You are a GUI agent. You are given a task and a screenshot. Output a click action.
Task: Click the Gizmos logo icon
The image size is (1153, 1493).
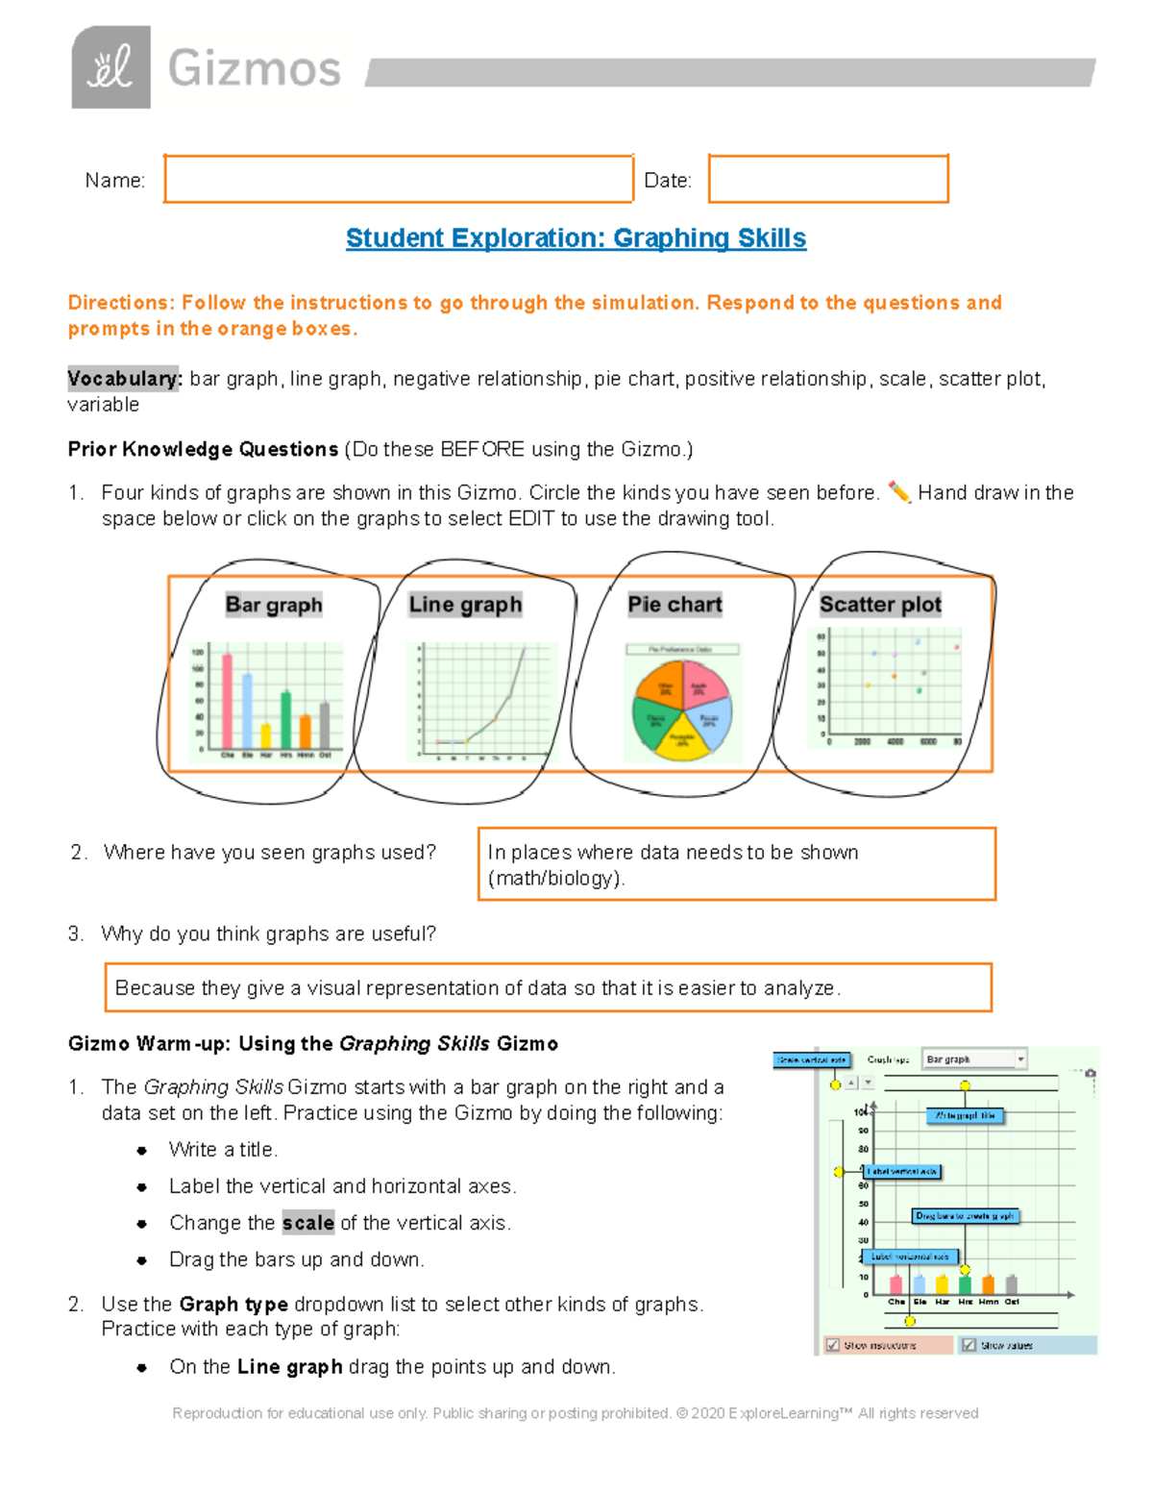click(110, 67)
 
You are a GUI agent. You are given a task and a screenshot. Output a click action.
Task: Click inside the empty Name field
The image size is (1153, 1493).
click(398, 179)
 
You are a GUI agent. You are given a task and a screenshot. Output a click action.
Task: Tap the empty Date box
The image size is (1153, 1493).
click(828, 179)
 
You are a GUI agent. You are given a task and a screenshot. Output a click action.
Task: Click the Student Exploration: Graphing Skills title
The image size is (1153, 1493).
click(576, 238)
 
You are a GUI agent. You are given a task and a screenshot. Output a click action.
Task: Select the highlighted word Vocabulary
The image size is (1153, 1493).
click(124, 379)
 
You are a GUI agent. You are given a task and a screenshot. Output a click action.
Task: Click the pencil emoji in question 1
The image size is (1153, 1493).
click(898, 492)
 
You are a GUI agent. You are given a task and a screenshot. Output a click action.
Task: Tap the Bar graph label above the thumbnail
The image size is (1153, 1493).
click(274, 605)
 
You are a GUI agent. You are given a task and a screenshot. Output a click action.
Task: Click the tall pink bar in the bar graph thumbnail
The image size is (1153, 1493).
click(228, 700)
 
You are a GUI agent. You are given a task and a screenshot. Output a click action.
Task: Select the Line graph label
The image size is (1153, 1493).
click(465, 605)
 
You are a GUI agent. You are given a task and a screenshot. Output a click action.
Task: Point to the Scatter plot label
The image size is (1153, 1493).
click(880, 605)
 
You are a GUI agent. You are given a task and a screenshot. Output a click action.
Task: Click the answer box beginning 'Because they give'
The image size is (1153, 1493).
click(548, 987)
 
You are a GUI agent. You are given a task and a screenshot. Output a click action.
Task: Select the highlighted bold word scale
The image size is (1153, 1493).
click(307, 1223)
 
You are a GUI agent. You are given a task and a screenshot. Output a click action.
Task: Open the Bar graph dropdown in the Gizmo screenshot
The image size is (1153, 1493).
click(973, 1059)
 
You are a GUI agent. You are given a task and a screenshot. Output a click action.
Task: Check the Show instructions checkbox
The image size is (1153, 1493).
click(833, 1345)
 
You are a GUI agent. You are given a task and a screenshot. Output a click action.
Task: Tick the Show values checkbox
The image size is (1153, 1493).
click(969, 1345)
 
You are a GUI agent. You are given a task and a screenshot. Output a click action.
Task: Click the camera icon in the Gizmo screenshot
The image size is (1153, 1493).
click(1091, 1073)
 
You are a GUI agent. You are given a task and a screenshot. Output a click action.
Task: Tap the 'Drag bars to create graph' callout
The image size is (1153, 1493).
click(965, 1216)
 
